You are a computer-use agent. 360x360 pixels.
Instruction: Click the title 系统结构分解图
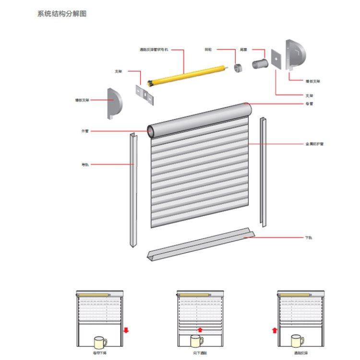pos(62,14)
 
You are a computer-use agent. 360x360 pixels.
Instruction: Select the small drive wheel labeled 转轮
pos(237,67)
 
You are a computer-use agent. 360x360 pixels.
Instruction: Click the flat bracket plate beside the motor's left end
pos(145,94)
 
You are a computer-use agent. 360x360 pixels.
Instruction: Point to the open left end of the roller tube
pos(151,131)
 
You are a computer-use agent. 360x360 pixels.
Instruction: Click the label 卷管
pos(309,104)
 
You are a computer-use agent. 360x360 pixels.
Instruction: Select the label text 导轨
pos(85,165)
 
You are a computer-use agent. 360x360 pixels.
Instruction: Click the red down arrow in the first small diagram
pos(125,330)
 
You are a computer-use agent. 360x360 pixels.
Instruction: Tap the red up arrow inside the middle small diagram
pos(200,330)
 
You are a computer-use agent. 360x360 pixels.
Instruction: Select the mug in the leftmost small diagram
pos(100,343)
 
